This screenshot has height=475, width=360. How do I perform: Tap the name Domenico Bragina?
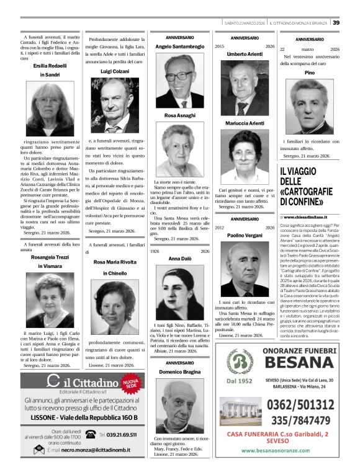[x=179, y=372]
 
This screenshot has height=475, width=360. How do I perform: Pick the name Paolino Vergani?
[x=245, y=236]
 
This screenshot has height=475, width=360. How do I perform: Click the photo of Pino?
[x=310, y=105]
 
